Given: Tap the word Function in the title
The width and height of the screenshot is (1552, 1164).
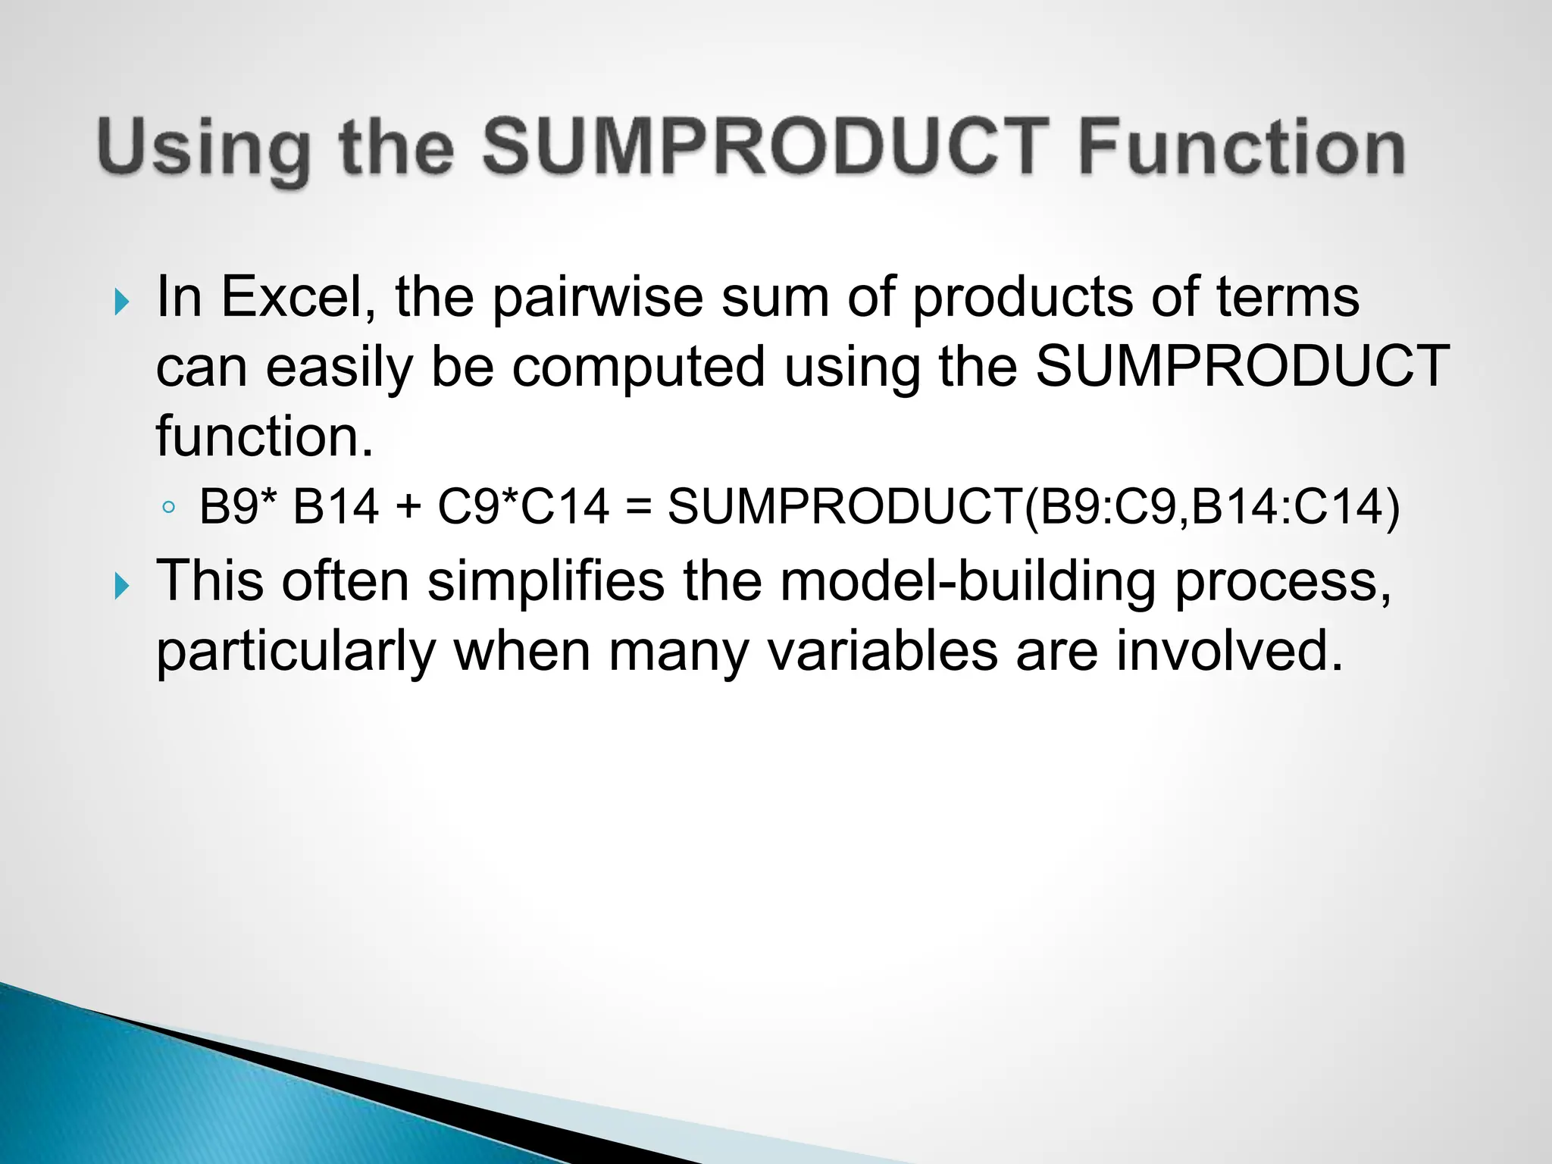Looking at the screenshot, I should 1241,147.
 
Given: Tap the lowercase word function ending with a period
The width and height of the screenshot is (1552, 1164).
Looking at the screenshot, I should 264,436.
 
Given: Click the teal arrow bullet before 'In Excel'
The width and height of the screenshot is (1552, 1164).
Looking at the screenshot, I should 121,302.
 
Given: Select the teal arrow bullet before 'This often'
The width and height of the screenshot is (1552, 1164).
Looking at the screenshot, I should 121,586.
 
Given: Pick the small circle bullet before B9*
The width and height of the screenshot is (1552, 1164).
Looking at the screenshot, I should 168,507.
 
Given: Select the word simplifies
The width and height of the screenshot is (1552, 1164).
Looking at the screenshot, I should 546,582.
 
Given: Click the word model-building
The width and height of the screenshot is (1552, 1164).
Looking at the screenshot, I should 968,582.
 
